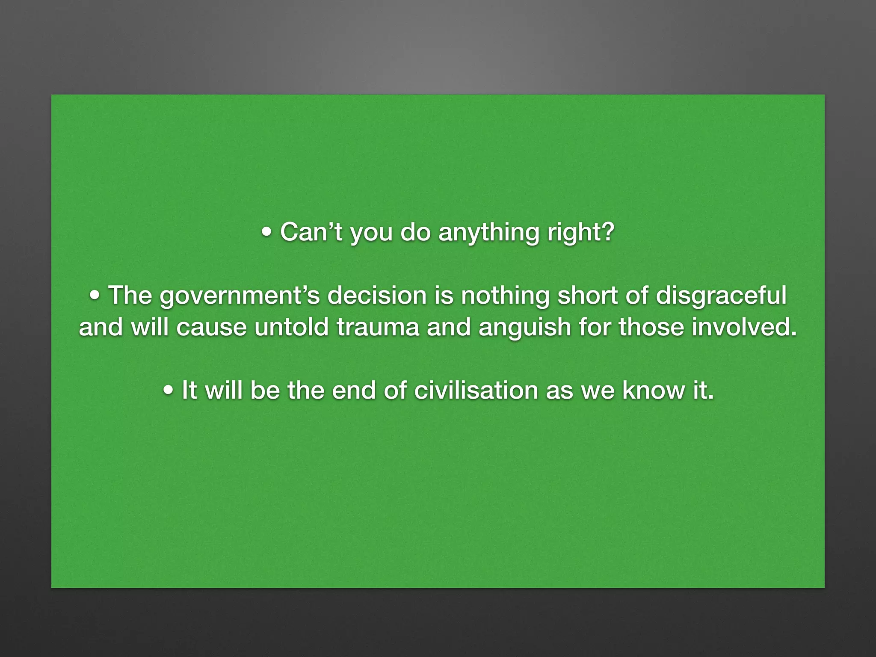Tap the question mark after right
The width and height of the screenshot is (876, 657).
pyautogui.click(x=607, y=232)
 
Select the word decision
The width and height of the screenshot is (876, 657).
pyautogui.click(x=376, y=295)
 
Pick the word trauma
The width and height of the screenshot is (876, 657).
pyautogui.click(x=377, y=327)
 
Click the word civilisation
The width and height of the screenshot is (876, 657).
pyautogui.click(x=476, y=391)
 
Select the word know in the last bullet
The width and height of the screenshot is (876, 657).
pyautogui.click(x=653, y=391)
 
